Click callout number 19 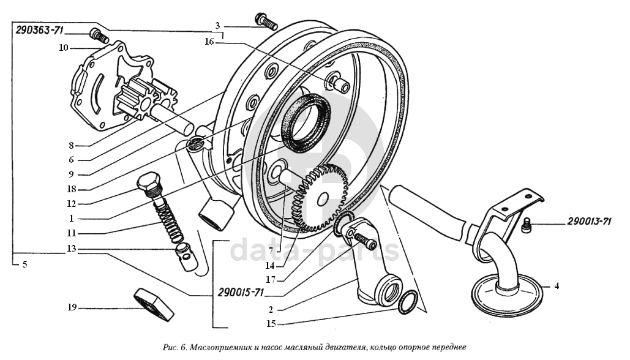click(72, 307)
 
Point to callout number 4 click(556, 285)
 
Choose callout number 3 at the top click(217, 26)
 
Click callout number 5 click(24, 264)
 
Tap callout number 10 click(62, 47)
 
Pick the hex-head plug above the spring click(149, 182)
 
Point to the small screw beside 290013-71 click(527, 228)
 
